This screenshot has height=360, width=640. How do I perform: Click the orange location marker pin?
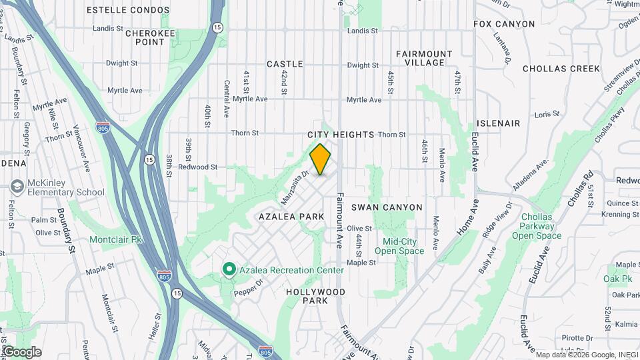[321, 159]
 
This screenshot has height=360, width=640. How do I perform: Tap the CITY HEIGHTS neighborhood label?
[341, 135]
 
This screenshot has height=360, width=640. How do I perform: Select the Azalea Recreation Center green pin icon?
[229, 269]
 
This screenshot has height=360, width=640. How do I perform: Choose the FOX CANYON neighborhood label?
[504, 24]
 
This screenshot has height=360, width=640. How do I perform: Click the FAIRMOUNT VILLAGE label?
[424, 58]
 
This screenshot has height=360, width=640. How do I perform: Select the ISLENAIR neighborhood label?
[498, 124]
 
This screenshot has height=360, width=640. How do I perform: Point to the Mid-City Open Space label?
[399, 246]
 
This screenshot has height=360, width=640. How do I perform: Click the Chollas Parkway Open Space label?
[536, 227]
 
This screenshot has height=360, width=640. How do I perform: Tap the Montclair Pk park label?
[117, 239]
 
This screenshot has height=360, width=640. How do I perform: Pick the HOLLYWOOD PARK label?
[315, 297]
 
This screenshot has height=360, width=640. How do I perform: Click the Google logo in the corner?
[21, 352]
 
